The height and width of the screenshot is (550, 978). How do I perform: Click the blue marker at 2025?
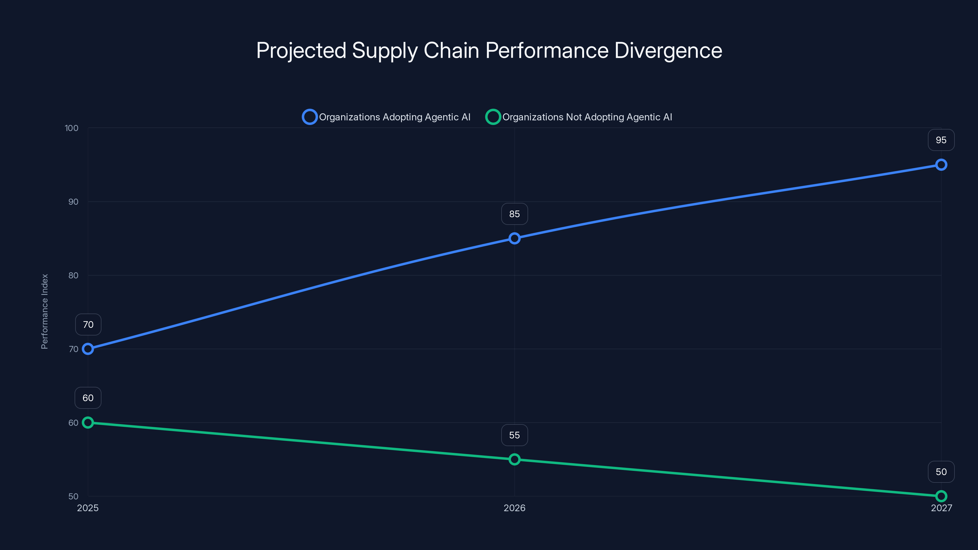pos(88,349)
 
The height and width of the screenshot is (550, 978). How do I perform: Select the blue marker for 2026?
pos(514,238)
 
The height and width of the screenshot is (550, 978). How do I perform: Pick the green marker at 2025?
pos(88,423)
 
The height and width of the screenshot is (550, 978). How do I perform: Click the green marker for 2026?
pos(514,459)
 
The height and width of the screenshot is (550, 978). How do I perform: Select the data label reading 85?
pos(514,214)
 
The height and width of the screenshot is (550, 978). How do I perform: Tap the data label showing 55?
pos(514,435)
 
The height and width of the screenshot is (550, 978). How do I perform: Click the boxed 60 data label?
pos(88,398)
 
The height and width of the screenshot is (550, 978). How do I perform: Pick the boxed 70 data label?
pos(88,324)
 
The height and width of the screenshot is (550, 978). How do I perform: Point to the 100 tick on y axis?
pos(72,128)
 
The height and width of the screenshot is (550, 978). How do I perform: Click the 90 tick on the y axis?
pos(73,202)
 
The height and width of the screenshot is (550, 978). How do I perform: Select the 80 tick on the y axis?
pos(73,275)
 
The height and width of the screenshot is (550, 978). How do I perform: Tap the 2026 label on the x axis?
pos(514,508)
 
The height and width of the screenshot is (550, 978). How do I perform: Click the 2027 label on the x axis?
pos(941,508)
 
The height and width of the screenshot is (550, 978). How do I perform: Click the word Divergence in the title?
pos(668,50)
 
